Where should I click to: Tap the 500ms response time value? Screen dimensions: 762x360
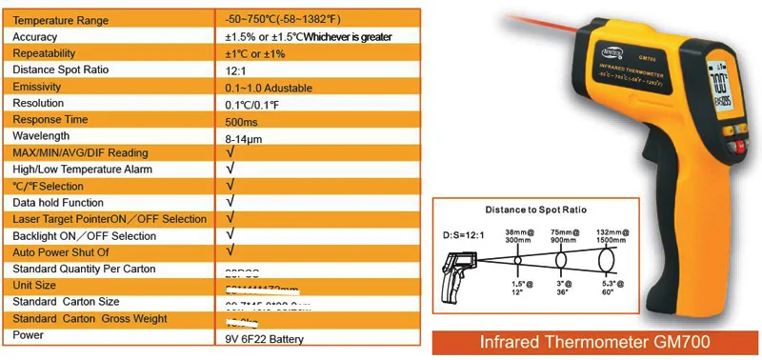point(242,120)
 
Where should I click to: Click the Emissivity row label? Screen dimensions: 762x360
point(38,87)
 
